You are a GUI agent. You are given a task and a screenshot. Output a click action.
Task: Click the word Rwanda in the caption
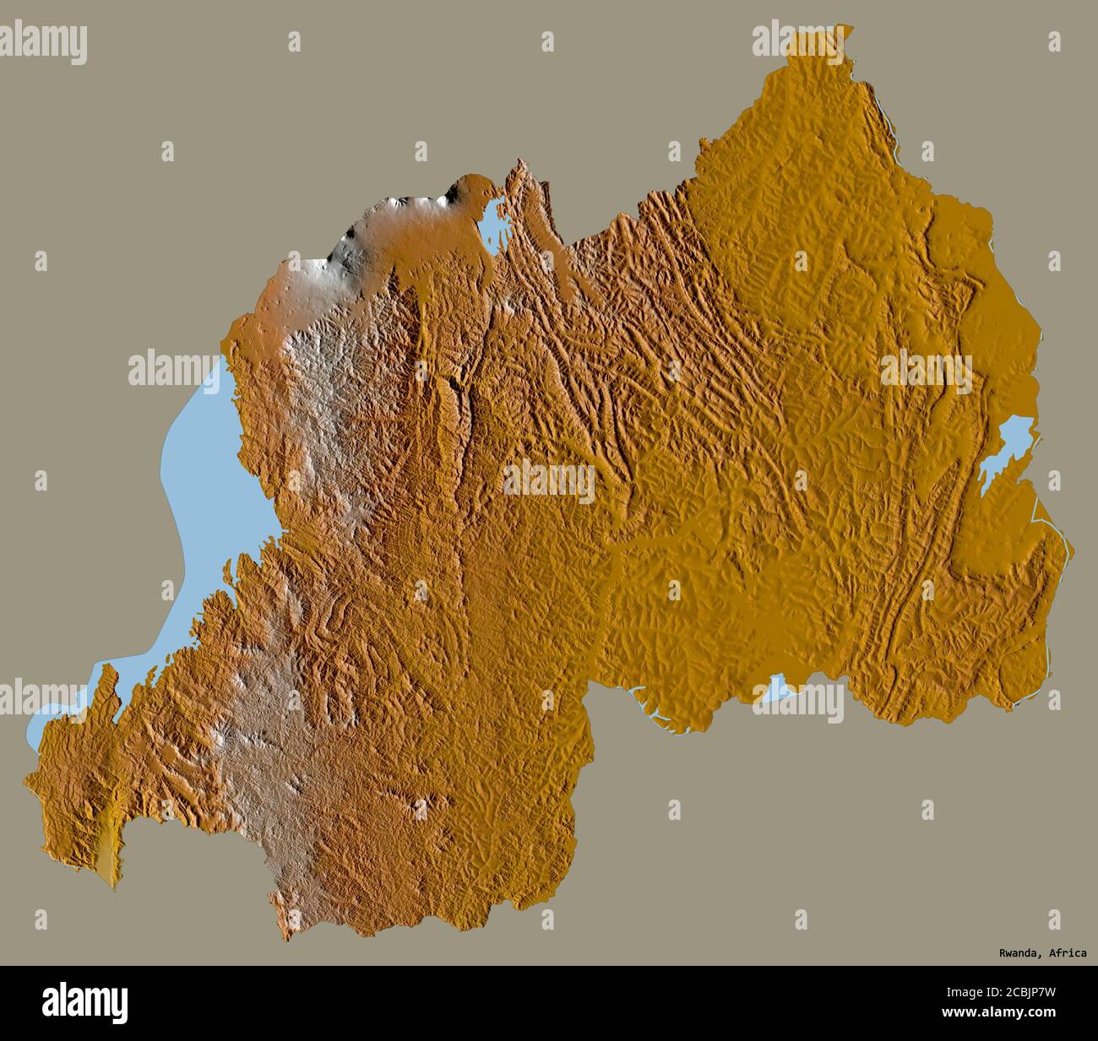pos(1017,953)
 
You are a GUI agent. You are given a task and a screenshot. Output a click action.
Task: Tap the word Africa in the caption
pos(1068,953)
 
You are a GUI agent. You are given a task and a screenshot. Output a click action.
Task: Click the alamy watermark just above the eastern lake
pos(926,371)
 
